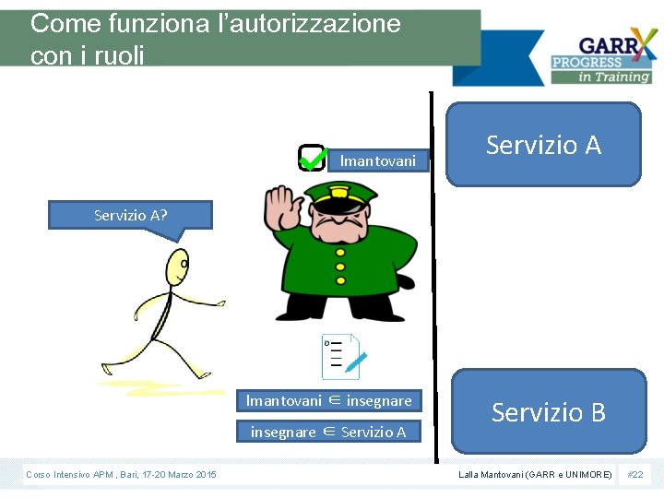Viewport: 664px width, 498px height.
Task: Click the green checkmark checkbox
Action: (313, 158)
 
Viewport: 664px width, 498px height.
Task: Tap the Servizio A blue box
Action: (543, 145)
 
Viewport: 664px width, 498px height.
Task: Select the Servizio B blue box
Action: (549, 411)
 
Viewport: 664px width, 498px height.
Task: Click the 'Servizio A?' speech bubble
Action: (131, 216)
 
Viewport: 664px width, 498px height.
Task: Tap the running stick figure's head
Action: (177, 267)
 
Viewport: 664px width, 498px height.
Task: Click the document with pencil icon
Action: (342, 357)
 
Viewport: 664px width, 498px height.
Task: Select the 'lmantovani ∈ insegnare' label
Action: (328, 400)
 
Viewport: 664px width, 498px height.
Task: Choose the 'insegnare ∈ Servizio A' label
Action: (328, 432)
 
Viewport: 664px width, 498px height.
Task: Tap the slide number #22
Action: (635, 474)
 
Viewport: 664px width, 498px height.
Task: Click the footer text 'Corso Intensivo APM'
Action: (69, 474)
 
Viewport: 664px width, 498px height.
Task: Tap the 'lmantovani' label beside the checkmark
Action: (377, 160)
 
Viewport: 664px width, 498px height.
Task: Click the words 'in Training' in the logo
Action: (615, 77)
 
